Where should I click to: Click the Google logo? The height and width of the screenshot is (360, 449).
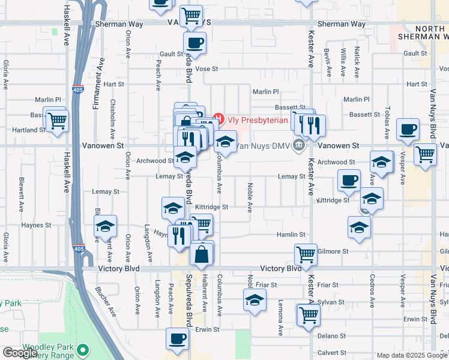[20, 353]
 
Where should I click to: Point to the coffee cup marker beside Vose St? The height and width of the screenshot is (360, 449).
[194, 44]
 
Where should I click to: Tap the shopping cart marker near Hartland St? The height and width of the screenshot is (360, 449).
[57, 121]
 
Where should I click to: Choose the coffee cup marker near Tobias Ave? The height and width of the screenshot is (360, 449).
[408, 129]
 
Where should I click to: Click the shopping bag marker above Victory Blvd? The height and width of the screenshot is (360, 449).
[202, 254]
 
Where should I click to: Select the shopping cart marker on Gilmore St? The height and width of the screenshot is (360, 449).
[306, 254]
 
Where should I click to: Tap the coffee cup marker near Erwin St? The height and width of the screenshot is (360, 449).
[177, 339]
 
